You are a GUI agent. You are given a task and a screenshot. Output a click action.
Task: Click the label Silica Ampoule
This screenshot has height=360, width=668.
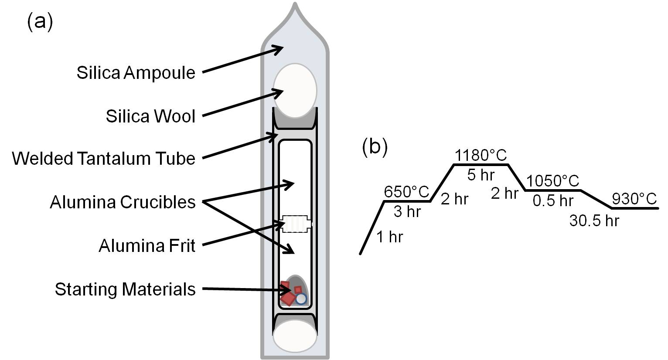(x=136, y=72)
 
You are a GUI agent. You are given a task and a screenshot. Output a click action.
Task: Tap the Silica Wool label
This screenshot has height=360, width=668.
(x=150, y=116)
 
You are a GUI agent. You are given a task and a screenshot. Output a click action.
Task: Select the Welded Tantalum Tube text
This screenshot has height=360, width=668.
(x=103, y=158)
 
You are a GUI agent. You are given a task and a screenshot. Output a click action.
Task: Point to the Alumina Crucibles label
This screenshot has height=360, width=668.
(x=123, y=202)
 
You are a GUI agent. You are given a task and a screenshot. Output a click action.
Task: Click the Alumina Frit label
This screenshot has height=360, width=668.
(x=147, y=246)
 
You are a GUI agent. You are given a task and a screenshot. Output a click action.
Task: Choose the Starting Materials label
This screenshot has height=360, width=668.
(x=125, y=289)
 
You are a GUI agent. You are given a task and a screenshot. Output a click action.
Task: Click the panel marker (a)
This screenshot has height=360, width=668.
(x=40, y=21)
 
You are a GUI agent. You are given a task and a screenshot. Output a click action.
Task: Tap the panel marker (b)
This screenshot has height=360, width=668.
(x=375, y=147)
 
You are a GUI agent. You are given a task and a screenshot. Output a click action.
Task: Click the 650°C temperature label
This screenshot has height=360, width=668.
(x=406, y=191)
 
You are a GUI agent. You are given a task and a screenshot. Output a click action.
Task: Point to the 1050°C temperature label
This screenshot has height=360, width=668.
(x=552, y=180)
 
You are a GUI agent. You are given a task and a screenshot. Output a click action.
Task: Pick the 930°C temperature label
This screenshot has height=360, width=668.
(x=634, y=199)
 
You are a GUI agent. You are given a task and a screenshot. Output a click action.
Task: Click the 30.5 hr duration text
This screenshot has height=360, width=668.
(x=594, y=221)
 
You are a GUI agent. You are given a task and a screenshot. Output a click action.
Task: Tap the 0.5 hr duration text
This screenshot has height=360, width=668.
(x=553, y=201)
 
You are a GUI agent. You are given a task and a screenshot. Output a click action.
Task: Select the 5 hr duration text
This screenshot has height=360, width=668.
(x=481, y=175)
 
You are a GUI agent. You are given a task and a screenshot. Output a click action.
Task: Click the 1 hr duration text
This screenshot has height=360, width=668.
(x=389, y=237)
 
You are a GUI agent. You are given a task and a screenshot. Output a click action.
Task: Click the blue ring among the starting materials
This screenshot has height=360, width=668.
(x=301, y=299)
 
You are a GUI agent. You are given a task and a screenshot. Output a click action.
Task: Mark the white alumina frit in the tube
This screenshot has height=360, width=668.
(x=296, y=224)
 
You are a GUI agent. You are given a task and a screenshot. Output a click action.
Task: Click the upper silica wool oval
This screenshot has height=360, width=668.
(x=295, y=91)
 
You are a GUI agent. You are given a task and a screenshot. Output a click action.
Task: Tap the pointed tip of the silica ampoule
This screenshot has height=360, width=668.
(x=296, y=6)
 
